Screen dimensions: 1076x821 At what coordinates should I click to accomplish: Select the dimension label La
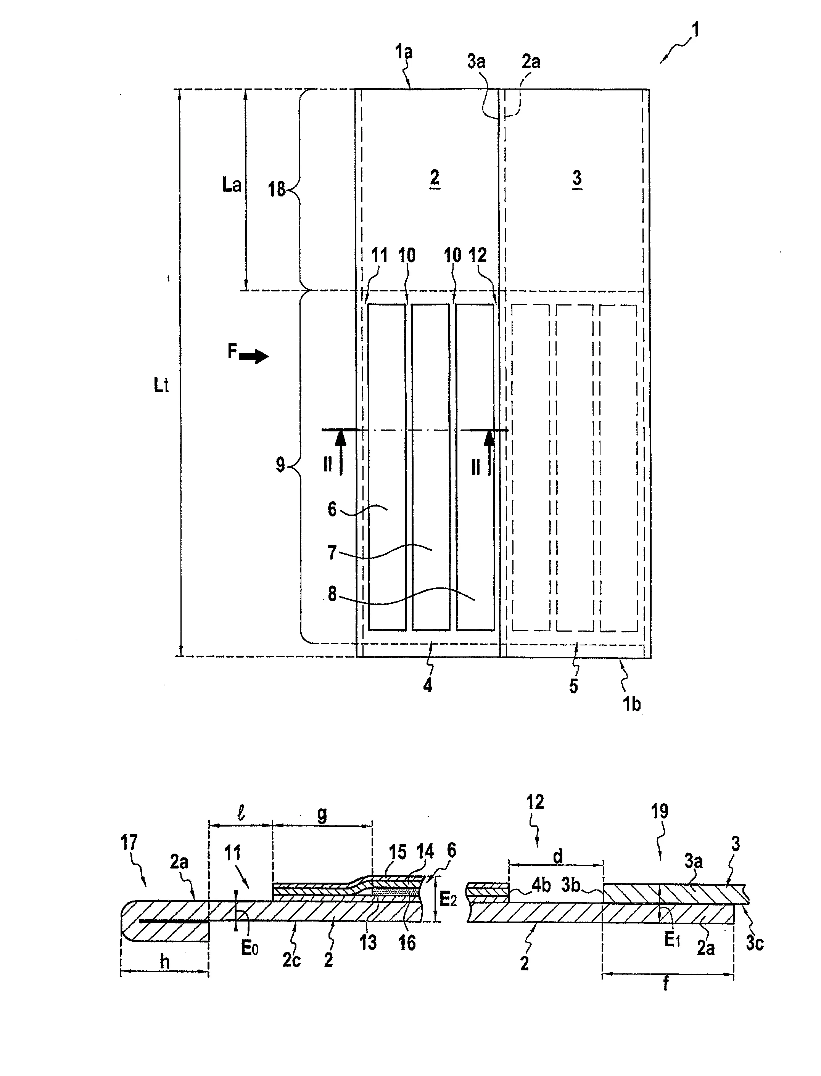tap(231, 185)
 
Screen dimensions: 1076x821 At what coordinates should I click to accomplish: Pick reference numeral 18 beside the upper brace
tap(277, 189)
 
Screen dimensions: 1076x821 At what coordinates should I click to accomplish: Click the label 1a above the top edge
tap(404, 51)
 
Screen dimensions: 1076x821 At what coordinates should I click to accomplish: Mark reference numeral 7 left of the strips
tap(332, 553)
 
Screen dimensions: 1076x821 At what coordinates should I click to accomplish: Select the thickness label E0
tap(249, 949)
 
